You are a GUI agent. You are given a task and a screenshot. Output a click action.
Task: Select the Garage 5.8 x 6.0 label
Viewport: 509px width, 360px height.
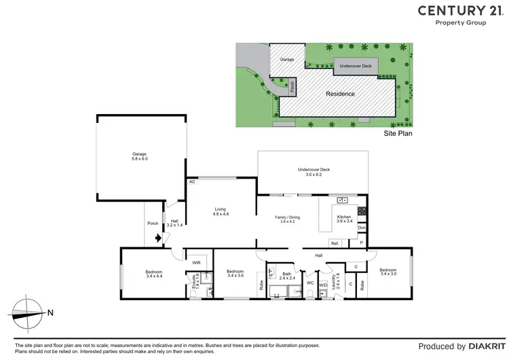point(140,156)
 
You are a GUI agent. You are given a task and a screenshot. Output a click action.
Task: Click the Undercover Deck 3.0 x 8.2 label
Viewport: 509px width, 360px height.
point(314,173)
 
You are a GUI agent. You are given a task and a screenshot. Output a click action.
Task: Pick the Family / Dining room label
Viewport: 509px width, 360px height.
point(287,219)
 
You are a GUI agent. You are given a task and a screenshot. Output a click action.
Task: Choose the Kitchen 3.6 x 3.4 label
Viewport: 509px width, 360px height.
point(343,219)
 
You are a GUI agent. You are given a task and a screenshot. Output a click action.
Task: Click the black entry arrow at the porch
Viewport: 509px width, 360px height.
point(159,238)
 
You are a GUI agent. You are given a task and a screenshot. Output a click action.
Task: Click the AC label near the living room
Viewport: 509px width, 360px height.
point(193,182)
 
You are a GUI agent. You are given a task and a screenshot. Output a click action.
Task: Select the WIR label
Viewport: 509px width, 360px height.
point(197,263)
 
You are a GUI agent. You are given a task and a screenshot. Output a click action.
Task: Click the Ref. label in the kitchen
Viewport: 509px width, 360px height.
point(335,243)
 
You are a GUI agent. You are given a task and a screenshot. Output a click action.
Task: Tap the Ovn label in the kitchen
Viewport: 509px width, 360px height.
point(362,228)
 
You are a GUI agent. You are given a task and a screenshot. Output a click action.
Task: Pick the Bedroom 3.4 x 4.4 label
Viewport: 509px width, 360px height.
point(154,274)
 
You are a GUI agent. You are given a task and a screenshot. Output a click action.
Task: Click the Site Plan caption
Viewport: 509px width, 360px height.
point(398,134)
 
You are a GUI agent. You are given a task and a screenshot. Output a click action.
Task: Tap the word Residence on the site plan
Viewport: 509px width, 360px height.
point(341,94)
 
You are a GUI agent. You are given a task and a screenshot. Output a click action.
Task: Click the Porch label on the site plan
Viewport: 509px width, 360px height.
point(293,87)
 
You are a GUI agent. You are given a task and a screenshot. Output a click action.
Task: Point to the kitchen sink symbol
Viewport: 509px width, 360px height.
point(343,200)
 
